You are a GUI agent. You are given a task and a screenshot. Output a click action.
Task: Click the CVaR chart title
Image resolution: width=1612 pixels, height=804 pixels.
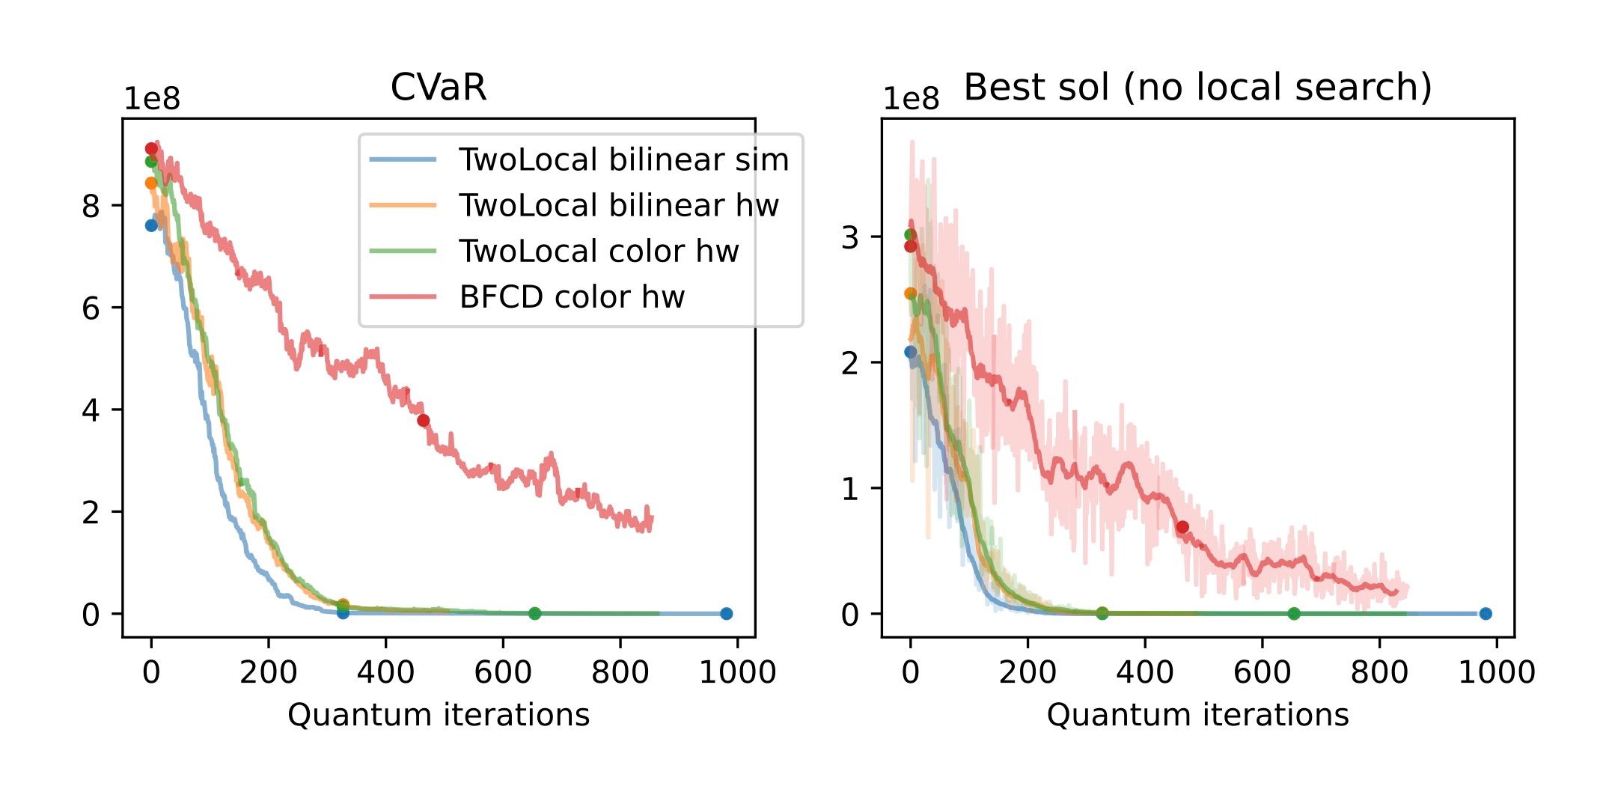439,88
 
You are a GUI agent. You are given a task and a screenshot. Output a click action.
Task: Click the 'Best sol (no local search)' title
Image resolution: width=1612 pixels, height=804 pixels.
1197,88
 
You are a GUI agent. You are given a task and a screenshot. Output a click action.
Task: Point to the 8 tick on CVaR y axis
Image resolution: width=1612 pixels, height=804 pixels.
91,206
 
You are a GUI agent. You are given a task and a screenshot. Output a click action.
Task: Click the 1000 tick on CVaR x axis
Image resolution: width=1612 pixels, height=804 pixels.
737,672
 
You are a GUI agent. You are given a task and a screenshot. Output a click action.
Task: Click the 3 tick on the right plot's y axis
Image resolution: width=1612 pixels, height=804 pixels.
850,237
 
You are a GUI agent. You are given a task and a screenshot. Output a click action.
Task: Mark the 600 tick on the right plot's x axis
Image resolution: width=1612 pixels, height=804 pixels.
1262,672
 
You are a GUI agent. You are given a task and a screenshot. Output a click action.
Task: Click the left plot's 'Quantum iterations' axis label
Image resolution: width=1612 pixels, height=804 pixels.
439,715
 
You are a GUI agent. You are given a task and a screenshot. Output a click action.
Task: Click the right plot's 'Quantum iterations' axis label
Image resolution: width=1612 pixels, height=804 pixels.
1197,715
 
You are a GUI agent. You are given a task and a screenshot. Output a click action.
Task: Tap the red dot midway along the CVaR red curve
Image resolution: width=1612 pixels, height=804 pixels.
424,421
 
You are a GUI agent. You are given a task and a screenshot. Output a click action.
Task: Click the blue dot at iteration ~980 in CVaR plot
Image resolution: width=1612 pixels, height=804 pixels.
726,614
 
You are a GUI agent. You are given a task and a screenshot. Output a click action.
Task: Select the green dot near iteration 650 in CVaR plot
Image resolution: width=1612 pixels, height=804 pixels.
534,614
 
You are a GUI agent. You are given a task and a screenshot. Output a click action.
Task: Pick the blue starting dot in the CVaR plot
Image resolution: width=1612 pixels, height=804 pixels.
151,225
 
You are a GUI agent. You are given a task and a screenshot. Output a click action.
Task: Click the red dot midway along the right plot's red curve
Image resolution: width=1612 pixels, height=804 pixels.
1182,528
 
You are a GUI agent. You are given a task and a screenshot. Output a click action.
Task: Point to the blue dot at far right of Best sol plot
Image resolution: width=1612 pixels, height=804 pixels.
1486,614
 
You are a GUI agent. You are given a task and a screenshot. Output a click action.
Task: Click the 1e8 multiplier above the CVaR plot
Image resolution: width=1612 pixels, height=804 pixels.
151,100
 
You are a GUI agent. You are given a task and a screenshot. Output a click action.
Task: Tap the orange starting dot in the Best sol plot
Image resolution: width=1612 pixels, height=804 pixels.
910,293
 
